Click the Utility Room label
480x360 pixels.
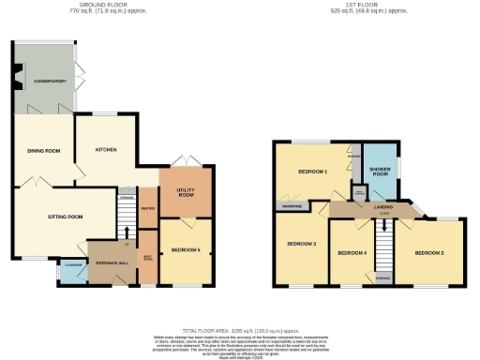point(186,192)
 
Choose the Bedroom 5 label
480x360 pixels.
point(187,249)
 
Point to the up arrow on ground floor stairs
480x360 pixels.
point(126,231)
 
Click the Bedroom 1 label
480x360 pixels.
point(312,172)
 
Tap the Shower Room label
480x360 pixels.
point(380,171)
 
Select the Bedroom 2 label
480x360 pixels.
point(429,253)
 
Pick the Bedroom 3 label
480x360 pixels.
point(301,244)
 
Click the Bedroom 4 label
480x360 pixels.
point(351,253)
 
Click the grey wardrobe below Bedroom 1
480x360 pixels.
point(289,204)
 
